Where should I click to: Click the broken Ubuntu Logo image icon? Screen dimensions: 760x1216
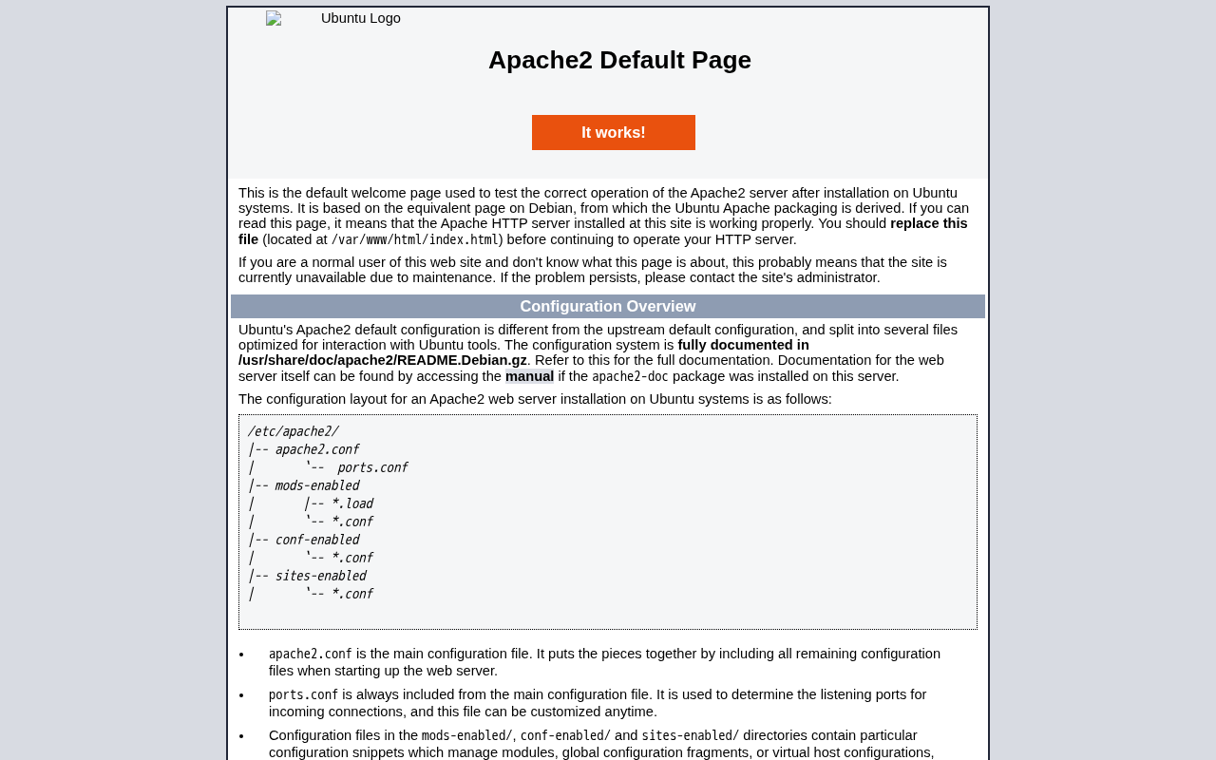[x=274, y=18]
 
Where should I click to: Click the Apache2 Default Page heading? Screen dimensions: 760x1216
[x=619, y=60]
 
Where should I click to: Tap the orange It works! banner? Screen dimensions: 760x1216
[x=614, y=133]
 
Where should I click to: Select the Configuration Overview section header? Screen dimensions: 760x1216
[x=608, y=307]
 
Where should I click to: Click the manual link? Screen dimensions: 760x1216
[x=529, y=376]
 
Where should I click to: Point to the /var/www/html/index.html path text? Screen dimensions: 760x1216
[x=415, y=240]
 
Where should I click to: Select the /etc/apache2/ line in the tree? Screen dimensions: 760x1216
[x=293, y=431]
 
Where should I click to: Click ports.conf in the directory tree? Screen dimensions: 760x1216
[x=372, y=467]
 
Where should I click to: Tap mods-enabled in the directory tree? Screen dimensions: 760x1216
[x=316, y=485]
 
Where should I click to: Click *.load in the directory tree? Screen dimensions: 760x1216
[x=351, y=503]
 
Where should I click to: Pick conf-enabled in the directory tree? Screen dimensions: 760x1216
[x=316, y=540]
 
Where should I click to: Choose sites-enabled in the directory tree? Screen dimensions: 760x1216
[x=320, y=576]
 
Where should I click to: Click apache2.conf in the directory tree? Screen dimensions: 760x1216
[x=316, y=449]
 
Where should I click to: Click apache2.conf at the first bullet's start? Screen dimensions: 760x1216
[x=310, y=654]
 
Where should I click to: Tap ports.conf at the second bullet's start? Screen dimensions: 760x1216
[x=303, y=694]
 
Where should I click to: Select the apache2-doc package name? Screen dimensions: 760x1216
[x=630, y=376]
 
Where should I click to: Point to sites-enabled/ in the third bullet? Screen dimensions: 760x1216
[x=690, y=735]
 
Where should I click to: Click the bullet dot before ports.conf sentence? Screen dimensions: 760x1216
[x=241, y=695]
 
